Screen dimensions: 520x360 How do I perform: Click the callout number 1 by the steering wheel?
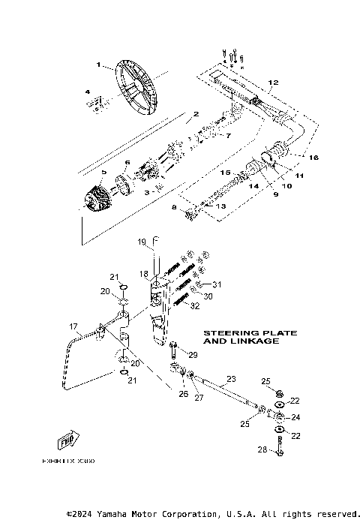[x=97, y=65]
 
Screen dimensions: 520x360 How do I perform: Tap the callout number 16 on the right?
[x=314, y=158]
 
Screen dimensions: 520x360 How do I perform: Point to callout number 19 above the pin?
[x=140, y=242]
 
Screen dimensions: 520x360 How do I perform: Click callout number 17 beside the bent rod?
[x=74, y=326]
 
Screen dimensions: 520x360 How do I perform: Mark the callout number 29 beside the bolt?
[x=192, y=354]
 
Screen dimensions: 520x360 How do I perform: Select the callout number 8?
[x=174, y=207]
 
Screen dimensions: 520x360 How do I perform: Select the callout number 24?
[x=295, y=417]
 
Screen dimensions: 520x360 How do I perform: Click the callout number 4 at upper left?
[x=88, y=93]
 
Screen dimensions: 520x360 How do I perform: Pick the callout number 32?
[x=195, y=305]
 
